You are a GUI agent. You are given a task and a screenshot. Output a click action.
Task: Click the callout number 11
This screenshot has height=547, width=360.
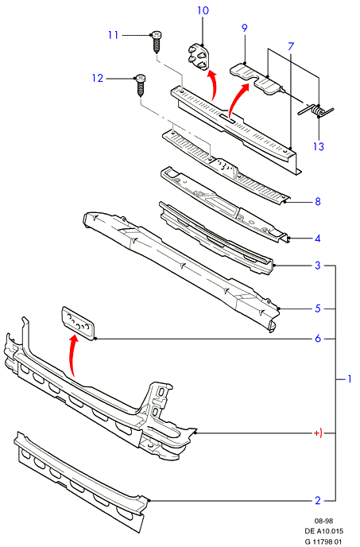[x=113, y=35]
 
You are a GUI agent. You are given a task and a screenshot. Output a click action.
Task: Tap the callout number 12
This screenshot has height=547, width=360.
[x=98, y=78]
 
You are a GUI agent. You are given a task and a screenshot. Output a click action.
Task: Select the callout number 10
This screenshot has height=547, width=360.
[x=203, y=10]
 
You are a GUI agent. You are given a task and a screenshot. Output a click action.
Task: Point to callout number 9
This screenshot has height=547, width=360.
[x=244, y=28]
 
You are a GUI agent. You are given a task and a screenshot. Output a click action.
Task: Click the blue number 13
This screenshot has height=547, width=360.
[x=318, y=145]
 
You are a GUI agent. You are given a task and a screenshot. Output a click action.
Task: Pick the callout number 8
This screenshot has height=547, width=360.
[x=317, y=201]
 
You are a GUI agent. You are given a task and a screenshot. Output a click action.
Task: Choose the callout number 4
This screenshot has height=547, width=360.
[x=317, y=239]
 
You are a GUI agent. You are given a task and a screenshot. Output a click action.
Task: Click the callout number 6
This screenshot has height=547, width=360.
[x=317, y=338]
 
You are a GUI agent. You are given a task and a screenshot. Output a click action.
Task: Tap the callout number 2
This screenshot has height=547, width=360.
[x=317, y=500]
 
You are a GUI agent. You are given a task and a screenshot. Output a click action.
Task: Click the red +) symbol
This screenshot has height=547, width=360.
[x=318, y=433]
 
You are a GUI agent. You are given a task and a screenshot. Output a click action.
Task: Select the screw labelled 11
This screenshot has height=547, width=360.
[x=157, y=41]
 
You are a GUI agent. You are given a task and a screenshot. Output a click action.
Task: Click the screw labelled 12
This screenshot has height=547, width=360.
[x=140, y=85]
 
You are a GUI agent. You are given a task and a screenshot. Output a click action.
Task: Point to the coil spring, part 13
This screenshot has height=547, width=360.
[x=316, y=111]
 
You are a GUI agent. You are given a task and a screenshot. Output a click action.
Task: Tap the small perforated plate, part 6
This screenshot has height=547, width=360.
[x=79, y=323]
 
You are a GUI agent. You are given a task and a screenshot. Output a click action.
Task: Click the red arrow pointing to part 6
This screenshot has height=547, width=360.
[x=72, y=356]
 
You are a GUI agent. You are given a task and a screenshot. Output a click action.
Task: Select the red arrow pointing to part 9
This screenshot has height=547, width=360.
[x=237, y=99]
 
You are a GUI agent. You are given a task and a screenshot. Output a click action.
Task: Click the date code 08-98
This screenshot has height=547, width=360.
[x=323, y=521]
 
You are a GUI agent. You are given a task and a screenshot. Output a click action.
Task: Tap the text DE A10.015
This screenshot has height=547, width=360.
[x=324, y=531]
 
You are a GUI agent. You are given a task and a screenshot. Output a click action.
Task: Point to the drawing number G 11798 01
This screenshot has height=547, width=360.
[x=323, y=541]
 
